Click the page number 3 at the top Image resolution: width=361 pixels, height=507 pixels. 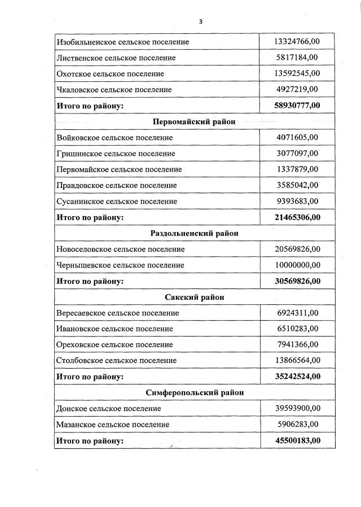[200, 21]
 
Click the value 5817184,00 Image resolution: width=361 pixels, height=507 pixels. [297, 58]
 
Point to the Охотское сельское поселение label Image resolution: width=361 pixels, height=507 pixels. [110, 73]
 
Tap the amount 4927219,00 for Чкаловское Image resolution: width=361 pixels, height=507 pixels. [297, 89]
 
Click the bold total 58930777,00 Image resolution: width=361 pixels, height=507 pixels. [297, 106]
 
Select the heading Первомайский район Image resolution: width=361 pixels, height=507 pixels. [194, 121]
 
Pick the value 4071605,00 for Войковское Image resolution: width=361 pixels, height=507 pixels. [297, 137]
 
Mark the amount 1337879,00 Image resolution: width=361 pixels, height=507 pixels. [297, 169]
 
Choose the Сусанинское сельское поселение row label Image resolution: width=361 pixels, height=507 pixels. [117, 201]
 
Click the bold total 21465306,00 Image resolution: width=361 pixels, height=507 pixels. [297, 217]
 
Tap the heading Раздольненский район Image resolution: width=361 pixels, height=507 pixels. [195, 233]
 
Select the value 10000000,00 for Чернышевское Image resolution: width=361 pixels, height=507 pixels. [297, 265]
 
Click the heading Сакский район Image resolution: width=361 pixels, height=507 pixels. [195, 297]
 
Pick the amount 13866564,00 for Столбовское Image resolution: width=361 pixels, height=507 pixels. [297, 360]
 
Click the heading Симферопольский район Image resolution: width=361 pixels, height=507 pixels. [195, 392]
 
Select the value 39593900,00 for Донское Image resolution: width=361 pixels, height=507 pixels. [297, 408]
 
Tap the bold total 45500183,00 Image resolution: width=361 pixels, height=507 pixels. [297, 440]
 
